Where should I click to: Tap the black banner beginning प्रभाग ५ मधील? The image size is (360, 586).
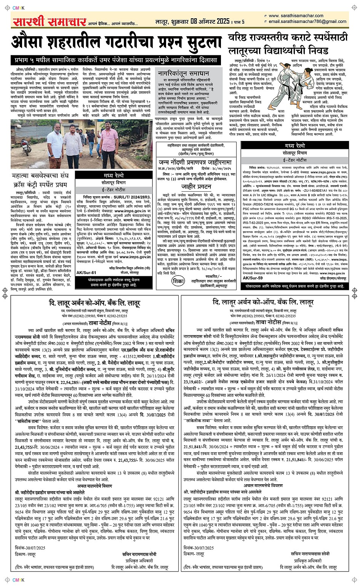(x=115, y=60)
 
